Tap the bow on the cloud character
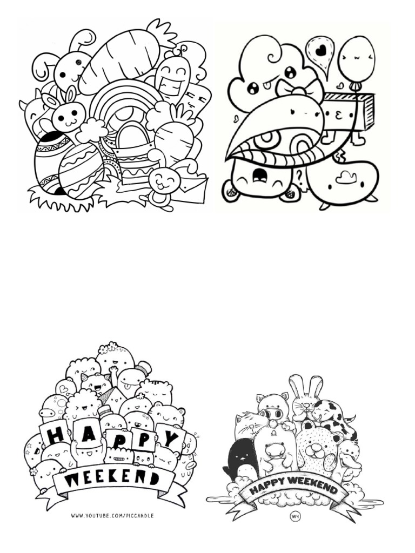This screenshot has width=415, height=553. (292, 89)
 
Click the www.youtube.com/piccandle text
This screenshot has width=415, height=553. (112, 516)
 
